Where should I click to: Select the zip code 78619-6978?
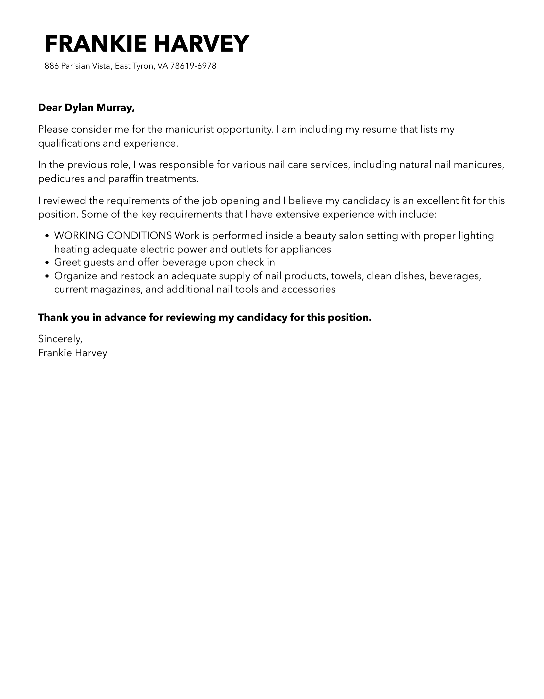pos(193,66)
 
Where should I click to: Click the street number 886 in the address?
pos(52,66)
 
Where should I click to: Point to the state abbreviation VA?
pos(162,66)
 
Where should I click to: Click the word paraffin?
pos(126,179)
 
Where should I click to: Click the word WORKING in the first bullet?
pos(79,236)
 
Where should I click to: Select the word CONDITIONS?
pos(139,236)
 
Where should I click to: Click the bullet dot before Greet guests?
pos(47,263)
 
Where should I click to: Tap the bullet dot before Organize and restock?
pos(47,276)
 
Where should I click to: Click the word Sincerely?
pos(60,339)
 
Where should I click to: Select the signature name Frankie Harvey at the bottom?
pos(73,353)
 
